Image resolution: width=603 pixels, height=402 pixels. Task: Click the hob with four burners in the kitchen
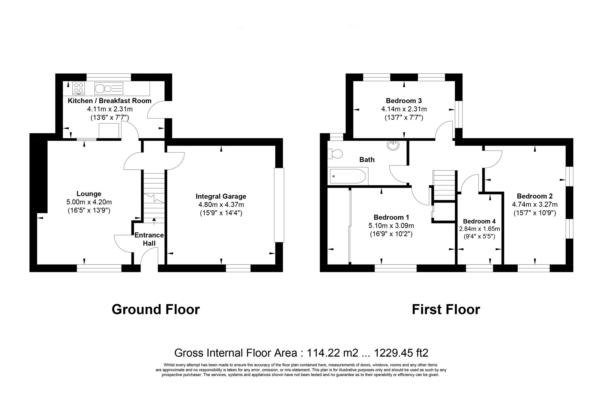click(x=79, y=88)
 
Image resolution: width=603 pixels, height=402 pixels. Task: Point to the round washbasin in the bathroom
click(x=393, y=145)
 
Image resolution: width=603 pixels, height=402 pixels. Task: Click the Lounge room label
click(x=89, y=194)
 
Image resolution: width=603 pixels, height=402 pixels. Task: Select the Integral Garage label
click(x=221, y=196)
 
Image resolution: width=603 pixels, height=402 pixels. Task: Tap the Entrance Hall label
click(x=149, y=239)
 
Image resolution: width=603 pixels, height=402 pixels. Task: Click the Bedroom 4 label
click(x=479, y=221)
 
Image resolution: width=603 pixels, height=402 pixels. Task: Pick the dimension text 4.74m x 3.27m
click(x=535, y=205)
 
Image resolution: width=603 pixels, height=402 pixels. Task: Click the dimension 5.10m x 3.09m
click(x=391, y=226)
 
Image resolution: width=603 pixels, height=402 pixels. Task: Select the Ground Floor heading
click(x=156, y=309)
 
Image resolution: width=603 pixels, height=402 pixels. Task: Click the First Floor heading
click(x=446, y=309)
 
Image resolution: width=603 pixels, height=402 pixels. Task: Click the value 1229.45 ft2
click(x=401, y=353)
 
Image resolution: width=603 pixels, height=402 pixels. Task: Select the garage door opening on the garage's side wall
click(x=279, y=205)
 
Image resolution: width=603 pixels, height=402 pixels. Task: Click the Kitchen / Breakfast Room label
click(x=109, y=101)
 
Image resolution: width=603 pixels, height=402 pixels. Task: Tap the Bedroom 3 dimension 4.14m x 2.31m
click(x=404, y=109)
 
